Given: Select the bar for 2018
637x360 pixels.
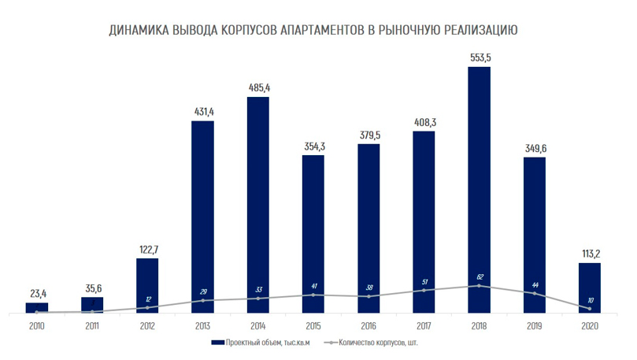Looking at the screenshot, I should click(479, 189).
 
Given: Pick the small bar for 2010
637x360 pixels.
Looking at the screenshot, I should click(37, 307).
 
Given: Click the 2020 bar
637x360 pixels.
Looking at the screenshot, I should click(589, 288).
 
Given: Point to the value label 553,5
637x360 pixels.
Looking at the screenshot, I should click(479, 57).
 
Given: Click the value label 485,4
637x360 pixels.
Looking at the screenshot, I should click(257, 87).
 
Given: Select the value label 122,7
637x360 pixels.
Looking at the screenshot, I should click(147, 249).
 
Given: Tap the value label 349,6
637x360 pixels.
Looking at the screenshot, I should click(534, 147).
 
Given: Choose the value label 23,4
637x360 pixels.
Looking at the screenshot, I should click(37, 293).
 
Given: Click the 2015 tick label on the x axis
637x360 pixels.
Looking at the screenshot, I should click(313, 324).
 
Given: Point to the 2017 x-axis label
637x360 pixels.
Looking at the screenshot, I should click(424, 324).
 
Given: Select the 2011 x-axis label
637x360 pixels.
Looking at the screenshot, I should click(92, 324).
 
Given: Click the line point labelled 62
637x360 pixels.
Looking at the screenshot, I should click(479, 285).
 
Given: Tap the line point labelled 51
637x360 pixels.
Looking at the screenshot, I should click(424, 290).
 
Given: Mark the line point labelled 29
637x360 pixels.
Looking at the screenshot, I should click(202, 300).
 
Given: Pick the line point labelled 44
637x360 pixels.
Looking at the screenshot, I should click(534, 293).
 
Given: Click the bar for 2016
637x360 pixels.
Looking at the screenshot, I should click(368, 228).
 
